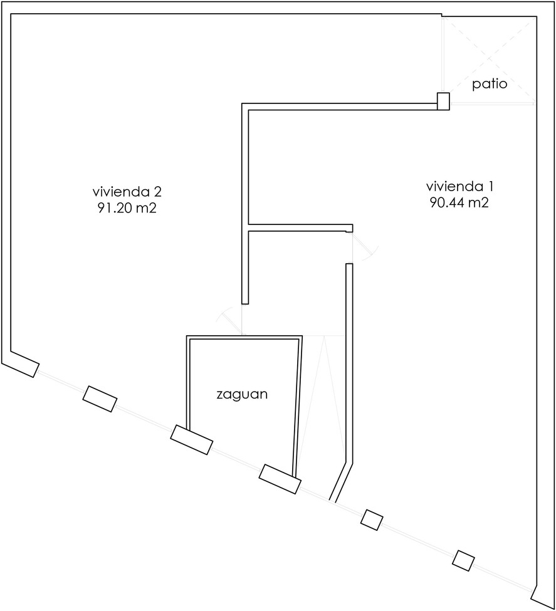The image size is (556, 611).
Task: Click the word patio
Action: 490,84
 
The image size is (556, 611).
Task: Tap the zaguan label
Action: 242,394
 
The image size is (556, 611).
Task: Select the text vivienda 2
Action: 127,192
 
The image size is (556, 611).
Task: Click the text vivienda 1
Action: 460,186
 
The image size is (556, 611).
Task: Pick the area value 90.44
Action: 447,202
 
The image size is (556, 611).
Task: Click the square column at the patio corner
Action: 443,102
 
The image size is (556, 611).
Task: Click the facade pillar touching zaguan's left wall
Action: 191,439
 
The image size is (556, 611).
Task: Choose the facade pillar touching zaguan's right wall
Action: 280,479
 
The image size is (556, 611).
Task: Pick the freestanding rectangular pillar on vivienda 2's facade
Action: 100,399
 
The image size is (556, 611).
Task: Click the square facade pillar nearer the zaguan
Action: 372,520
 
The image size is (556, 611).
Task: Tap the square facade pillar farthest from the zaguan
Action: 464,561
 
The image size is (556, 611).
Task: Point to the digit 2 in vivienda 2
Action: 157,192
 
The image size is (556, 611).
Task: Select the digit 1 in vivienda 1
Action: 491,186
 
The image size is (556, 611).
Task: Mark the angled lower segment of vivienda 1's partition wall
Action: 341,482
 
